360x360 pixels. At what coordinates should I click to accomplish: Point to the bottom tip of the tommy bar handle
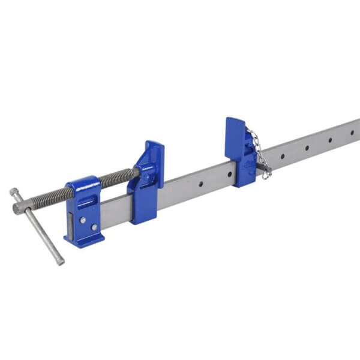(x=61, y=262)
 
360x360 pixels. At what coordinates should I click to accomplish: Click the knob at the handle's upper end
(x=13, y=192)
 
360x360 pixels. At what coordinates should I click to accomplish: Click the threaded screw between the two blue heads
(x=118, y=178)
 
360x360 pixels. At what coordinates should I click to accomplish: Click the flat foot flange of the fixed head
(x=84, y=241)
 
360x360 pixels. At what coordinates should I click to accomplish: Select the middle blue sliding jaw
(x=146, y=183)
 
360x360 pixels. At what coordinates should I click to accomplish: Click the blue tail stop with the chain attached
(x=239, y=151)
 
